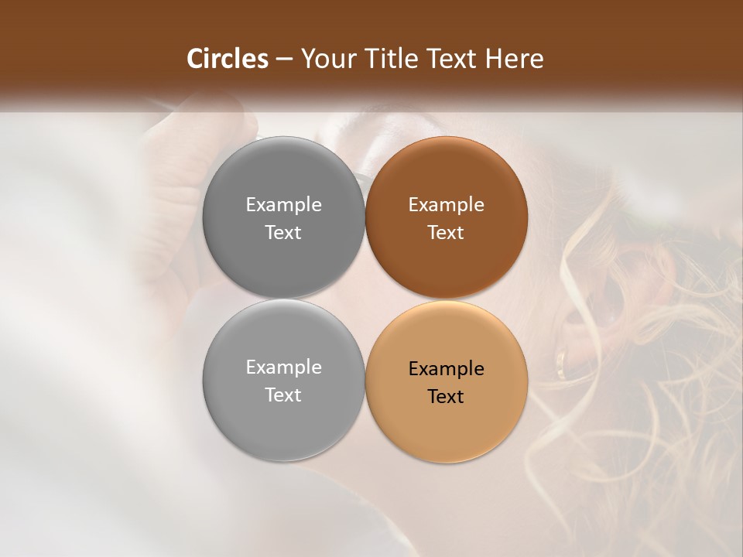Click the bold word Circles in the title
tap(228, 59)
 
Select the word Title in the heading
tap(392, 59)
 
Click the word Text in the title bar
tap(453, 59)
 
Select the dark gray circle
tap(283, 218)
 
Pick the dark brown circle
tap(446, 218)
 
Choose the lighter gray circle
tap(283, 381)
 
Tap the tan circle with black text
tap(446, 381)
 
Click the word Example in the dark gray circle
tap(283, 205)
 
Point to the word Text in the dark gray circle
tap(283, 233)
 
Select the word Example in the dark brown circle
tap(446, 205)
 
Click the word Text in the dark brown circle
tap(446, 233)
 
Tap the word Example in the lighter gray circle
tap(283, 367)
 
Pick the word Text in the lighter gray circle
tap(283, 395)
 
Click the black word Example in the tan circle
tap(446, 369)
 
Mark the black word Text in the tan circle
tap(446, 397)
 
